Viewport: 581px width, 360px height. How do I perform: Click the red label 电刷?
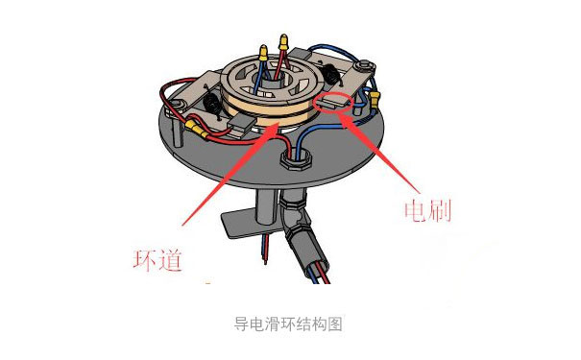click(428, 210)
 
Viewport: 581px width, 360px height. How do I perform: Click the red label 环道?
click(157, 260)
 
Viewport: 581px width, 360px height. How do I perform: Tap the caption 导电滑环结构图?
click(288, 324)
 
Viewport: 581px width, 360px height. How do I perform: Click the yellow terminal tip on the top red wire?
click(283, 42)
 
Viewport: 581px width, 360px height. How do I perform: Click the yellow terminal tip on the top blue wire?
click(263, 53)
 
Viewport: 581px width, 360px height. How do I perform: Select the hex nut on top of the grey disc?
click(296, 159)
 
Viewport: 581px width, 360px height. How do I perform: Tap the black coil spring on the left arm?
click(213, 104)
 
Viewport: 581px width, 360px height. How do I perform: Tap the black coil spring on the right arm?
click(329, 75)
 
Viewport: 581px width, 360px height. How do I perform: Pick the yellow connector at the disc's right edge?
click(375, 99)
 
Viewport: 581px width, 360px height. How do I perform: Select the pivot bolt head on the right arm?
click(363, 65)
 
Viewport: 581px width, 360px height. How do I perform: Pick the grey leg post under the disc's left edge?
click(177, 132)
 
